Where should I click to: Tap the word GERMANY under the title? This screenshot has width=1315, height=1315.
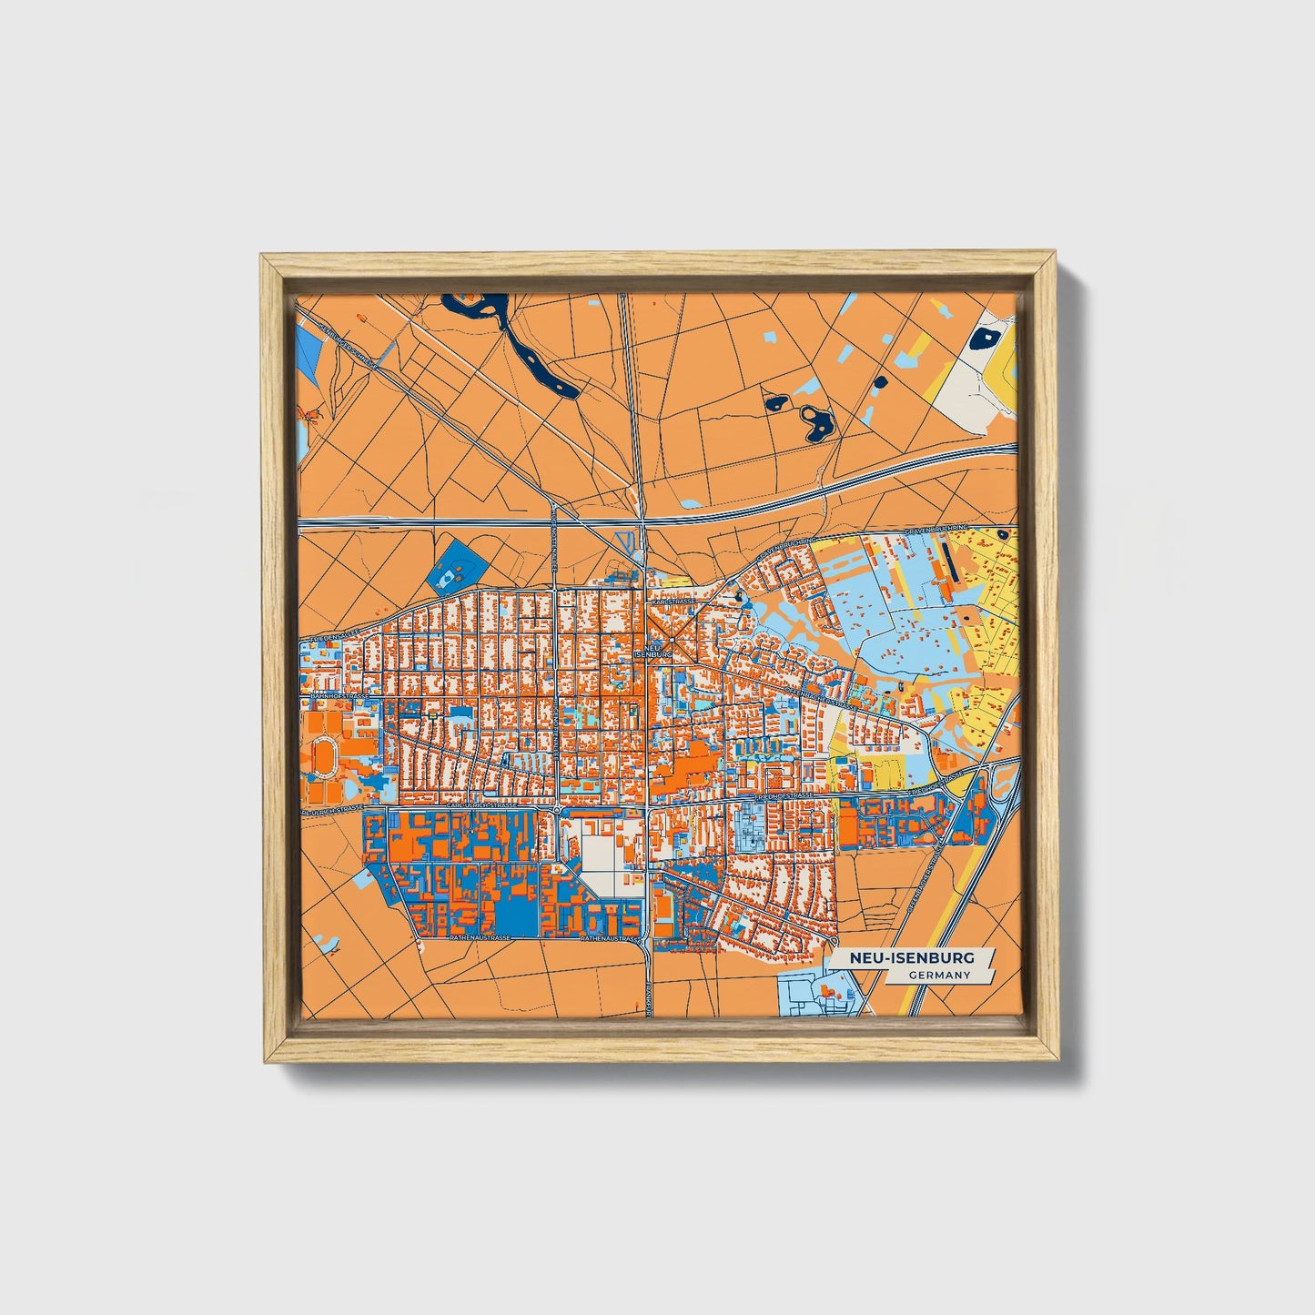939,975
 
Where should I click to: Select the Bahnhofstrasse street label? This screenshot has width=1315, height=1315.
339,696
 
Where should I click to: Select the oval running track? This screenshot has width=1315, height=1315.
323,754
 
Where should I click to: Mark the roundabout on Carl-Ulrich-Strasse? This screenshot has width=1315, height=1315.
557,808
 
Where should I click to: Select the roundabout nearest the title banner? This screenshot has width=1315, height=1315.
835,939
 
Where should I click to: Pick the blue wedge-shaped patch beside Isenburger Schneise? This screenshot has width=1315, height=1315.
309,355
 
